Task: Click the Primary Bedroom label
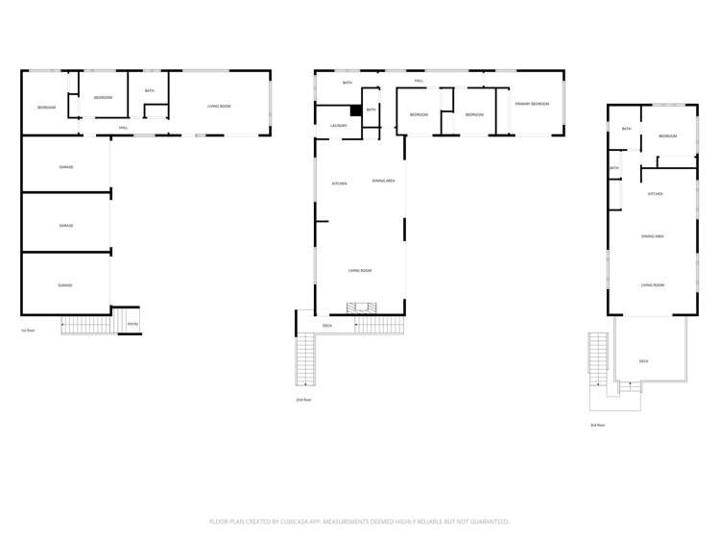[531, 103]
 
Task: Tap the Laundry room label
[338, 126]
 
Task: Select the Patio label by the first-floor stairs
[133, 324]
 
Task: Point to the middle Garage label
[66, 226]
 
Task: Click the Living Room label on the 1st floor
[219, 106]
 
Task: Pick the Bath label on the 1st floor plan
[150, 90]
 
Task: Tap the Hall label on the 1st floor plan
[123, 128]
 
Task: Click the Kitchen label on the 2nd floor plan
[339, 184]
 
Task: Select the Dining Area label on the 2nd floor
[384, 181]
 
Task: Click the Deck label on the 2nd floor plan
[327, 326]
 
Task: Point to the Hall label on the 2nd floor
[419, 81]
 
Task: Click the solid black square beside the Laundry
[355, 110]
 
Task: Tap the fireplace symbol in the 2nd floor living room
[363, 308]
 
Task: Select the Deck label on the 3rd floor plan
[643, 360]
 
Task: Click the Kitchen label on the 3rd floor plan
[656, 193]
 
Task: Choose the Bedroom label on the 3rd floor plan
[668, 136]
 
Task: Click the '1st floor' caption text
[28, 330]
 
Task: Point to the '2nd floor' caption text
[303, 399]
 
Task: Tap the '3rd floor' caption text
[597, 424]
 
